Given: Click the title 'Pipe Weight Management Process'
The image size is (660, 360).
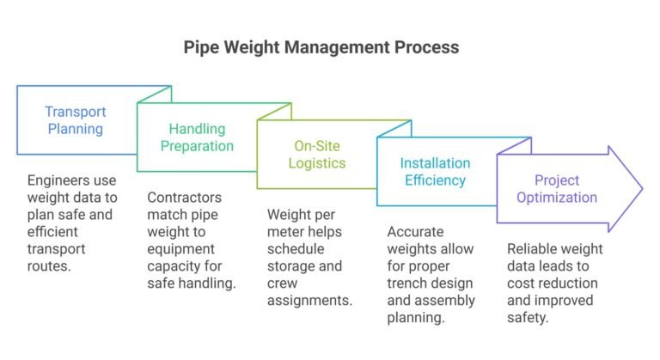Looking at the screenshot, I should point(321,47).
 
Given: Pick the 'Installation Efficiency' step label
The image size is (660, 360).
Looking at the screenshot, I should point(435,172).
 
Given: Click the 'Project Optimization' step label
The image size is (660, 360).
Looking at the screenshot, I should point(554,189).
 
